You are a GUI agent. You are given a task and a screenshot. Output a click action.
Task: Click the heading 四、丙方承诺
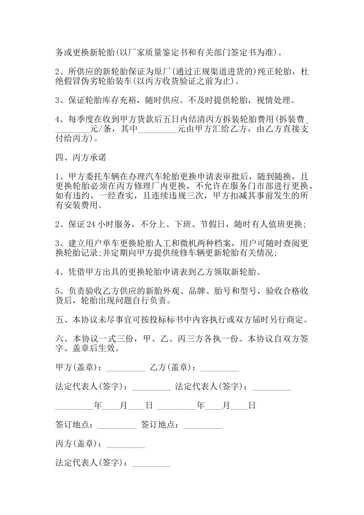81,158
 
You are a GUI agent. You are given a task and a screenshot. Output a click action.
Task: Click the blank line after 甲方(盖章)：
125,368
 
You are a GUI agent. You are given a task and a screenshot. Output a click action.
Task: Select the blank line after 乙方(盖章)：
220,368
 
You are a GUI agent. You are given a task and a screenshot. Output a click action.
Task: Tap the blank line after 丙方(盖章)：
125,444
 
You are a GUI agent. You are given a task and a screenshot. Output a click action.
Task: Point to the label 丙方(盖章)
76,444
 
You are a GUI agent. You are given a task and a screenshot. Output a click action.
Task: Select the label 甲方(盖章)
76,367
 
